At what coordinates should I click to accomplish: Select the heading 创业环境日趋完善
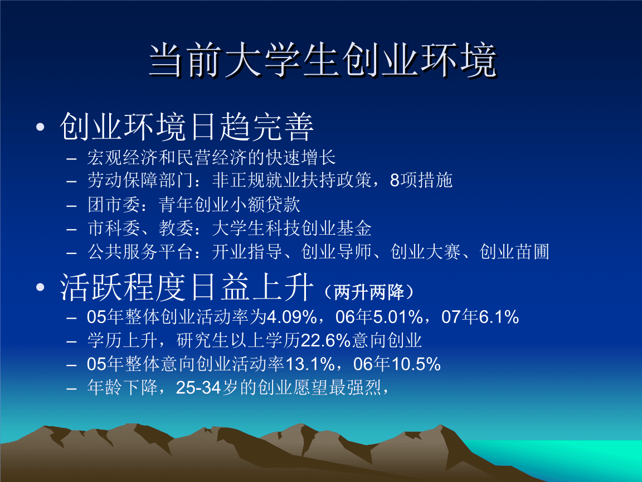[x=187, y=128]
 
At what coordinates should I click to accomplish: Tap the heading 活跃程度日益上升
[x=187, y=288]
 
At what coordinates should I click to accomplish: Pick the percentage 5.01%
[x=397, y=317]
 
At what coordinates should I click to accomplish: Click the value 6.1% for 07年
[x=499, y=317]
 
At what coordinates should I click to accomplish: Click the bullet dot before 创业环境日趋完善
[x=40, y=128]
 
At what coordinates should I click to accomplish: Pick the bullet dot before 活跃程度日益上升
[x=40, y=288]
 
